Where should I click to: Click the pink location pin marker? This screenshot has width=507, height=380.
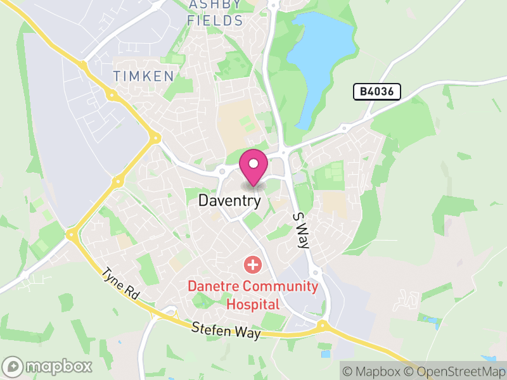[253, 167]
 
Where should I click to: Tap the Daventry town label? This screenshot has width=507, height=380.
[229, 201]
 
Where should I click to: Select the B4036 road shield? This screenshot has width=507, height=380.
[377, 92]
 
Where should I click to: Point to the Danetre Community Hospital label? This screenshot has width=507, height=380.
[252, 294]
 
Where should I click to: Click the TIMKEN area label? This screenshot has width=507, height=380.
[143, 76]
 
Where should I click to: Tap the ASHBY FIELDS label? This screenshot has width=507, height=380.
[215, 13]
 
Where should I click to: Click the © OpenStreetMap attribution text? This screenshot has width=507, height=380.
[454, 370]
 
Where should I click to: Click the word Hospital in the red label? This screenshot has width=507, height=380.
[252, 304]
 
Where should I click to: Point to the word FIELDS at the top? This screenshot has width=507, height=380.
[215, 20]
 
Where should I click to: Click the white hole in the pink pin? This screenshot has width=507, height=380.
[253, 163]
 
